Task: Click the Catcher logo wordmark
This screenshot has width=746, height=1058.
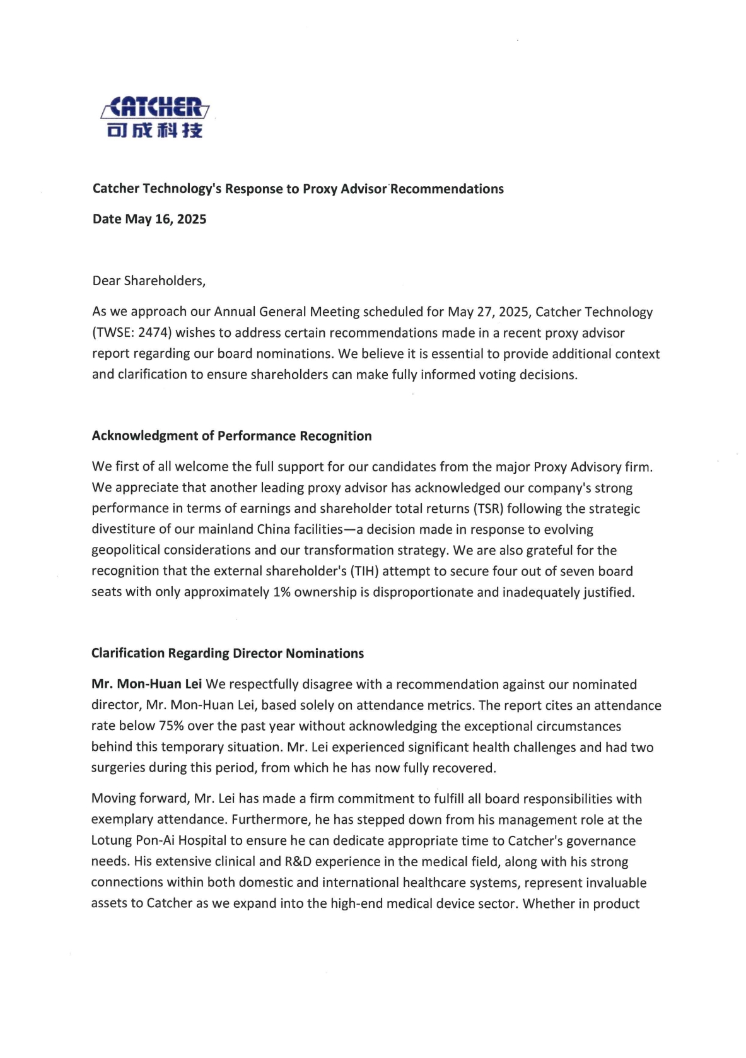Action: (155, 107)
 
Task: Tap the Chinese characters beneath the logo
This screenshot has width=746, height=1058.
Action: (155, 130)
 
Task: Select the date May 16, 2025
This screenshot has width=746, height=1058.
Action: (166, 220)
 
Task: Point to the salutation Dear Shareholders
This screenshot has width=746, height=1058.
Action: (149, 281)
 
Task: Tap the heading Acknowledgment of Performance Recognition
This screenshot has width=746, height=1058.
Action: (231, 436)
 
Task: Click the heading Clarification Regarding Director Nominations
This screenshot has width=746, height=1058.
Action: (228, 654)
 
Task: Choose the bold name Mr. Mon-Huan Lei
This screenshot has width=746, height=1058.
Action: (147, 685)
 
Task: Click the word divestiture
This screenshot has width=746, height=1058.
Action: (123, 529)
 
